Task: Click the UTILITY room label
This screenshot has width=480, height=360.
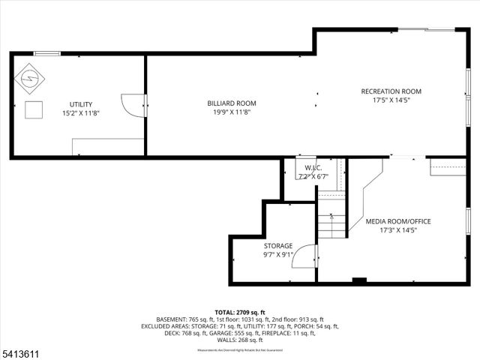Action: tap(80, 103)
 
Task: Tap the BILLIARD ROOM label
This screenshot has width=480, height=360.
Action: tap(232, 103)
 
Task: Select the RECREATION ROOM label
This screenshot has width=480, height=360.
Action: tap(391, 91)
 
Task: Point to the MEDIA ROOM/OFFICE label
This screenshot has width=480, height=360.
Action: tap(397, 221)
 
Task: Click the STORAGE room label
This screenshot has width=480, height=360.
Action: tap(277, 245)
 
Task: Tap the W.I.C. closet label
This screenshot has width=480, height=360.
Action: tap(313, 167)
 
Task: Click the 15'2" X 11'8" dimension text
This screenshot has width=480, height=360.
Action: tap(80, 112)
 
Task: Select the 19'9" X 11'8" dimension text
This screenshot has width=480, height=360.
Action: tap(232, 112)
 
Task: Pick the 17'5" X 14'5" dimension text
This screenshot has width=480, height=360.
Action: tap(391, 100)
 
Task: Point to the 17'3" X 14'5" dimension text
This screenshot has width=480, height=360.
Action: tap(397, 230)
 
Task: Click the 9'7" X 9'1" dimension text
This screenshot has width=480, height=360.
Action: tap(277, 254)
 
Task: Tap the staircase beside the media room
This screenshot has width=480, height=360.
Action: tap(331, 222)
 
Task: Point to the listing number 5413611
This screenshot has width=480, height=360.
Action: tap(19, 351)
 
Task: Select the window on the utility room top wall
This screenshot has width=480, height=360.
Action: tap(46, 52)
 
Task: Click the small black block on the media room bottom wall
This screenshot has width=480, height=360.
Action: tap(359, 281)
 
